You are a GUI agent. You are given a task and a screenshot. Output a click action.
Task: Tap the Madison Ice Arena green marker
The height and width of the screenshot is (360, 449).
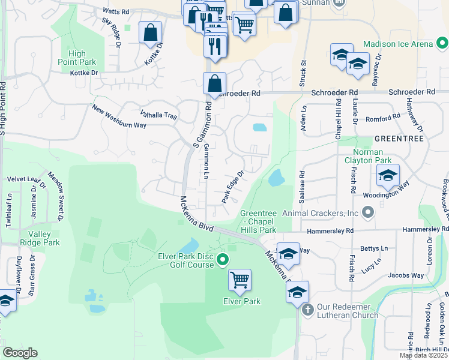pyautogui.click(x=442, y=44)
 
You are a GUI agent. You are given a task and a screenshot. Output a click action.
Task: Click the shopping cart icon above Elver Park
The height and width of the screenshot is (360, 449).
pyautogui.click(x=240, y=280)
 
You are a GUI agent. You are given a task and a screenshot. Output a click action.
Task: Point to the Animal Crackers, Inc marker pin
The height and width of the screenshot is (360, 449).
pyautogui.click(x=368, y=212)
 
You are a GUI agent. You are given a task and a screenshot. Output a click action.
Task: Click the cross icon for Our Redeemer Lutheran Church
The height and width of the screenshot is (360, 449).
pyautogui.click(x=307, y=310)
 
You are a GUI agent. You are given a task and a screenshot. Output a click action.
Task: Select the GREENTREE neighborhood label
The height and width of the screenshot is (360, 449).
pyautogui.click(x=399, y=138)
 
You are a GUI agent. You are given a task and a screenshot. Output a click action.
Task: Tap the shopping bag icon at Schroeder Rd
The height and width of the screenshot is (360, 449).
pyautogui.click(x=214, y=84)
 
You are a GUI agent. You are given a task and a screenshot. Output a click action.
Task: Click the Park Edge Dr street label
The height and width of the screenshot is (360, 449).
pyautogui.click(x=233, y=187)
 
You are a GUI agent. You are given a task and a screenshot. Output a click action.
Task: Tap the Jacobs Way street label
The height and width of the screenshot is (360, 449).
pyautogui.click(x=406, y=275)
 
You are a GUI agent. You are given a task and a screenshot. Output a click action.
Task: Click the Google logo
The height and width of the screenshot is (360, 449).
pyautogui.click(x=20, y=352)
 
